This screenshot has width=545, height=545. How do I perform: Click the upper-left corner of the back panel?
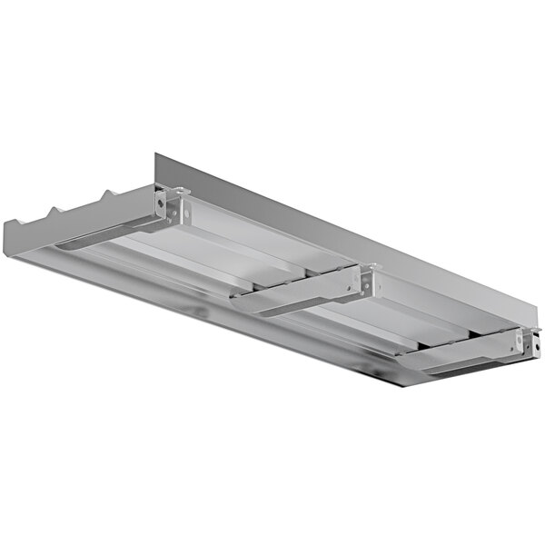point(156,154)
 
